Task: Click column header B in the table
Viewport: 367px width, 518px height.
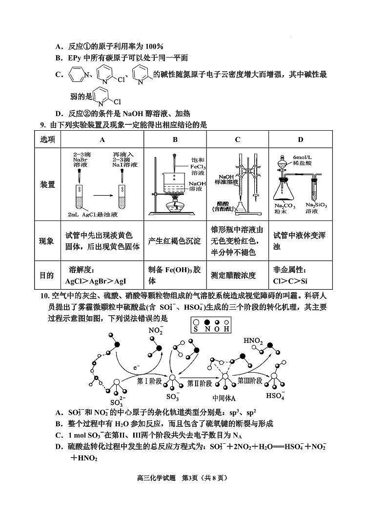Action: click(175, 139)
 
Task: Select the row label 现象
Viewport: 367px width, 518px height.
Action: click(47, 241)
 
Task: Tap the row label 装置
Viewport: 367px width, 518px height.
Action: click(47, 184)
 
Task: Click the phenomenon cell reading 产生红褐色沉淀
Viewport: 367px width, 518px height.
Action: click(174, 241)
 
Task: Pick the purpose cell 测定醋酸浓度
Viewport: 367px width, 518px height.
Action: click(237, 275)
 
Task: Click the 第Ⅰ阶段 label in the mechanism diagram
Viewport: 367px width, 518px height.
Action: click(149, 381)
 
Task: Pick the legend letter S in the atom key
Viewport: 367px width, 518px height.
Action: click(195, 329)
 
